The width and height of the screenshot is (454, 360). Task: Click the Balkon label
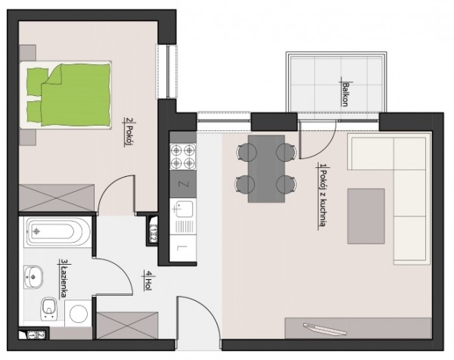point(344,95)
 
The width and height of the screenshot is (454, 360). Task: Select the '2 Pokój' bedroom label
point(129,132)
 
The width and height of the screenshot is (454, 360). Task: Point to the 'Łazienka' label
point(63,278)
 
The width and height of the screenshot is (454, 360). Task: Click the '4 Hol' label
point(148,280)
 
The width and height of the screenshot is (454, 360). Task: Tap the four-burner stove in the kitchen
point(182,157)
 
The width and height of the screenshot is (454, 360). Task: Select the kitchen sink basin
point(183,208)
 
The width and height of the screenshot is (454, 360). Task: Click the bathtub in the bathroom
point(58,231)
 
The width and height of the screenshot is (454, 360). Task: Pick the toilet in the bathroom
point(49,309)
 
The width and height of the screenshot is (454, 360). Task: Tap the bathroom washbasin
point(33,277)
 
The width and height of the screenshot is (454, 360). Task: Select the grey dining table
point(266,169)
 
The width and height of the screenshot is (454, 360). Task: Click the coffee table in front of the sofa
point(366,216)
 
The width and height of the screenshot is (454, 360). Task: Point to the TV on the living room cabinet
point(325,329)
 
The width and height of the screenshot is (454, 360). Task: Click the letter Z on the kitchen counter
point(183,185)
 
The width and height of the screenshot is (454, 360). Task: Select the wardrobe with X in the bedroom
point(57,198)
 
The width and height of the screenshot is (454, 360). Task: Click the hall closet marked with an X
point(127,325)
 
